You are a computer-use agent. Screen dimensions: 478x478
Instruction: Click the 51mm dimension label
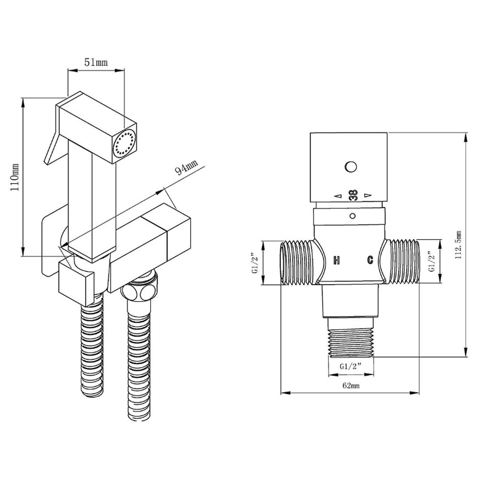click(96, 63)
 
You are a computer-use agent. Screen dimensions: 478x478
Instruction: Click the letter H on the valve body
click(337, 260)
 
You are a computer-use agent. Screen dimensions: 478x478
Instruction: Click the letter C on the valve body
click(369, 260)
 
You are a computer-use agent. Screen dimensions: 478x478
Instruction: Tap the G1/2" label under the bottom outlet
click(350, 366)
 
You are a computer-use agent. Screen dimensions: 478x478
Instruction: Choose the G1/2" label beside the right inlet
click(432, 263)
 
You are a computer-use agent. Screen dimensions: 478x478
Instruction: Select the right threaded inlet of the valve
click(402, 262)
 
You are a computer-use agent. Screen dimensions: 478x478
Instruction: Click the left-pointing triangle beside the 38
click(337, 196)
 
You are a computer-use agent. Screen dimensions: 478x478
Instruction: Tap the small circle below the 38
click(352, 216)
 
